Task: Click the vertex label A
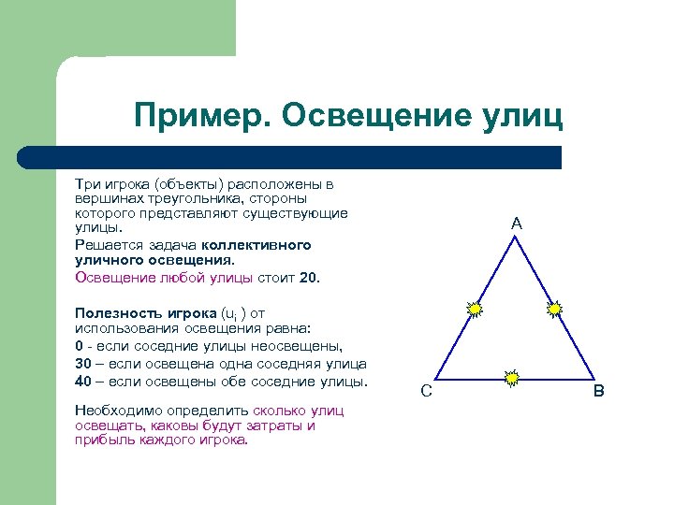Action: tap(517, 224)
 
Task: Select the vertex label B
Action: tap(598, 390)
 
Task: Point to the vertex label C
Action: tap(426, 391)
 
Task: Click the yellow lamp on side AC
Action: tap(476, 309)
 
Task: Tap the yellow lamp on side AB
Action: tap(554, 308)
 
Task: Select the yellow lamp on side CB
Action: tap(512, 378)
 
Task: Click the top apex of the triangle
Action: tap(515, 236)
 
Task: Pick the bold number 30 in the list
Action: tap(83, 364)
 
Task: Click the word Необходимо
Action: tap(117, 411)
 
